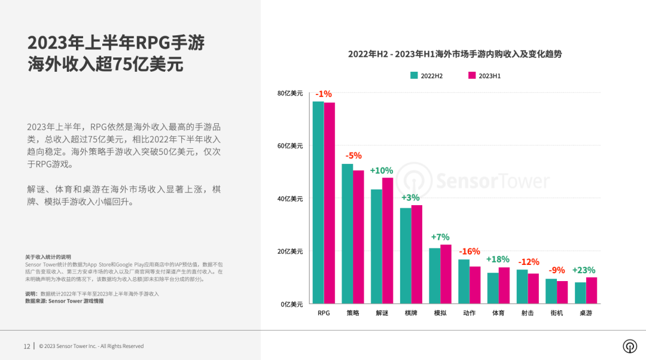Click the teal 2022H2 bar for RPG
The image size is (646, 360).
318,203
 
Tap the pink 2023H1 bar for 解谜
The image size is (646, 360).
388,240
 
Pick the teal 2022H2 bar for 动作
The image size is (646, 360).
464,281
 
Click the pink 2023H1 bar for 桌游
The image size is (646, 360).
592,290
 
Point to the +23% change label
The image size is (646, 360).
584,270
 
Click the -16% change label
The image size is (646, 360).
469,252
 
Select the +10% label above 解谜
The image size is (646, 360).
382,170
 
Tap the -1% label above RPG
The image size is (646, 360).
324,94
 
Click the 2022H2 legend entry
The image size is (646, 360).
426,75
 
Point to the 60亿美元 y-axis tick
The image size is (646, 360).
290,146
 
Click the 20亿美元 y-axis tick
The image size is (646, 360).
290,251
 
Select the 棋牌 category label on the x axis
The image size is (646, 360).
411,313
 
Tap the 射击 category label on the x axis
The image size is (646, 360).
528,313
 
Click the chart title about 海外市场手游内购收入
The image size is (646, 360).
455,54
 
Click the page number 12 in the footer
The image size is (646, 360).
27,346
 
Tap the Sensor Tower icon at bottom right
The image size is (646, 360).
629,346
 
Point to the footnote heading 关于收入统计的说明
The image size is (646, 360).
48,257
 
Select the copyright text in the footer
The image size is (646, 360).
91,346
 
